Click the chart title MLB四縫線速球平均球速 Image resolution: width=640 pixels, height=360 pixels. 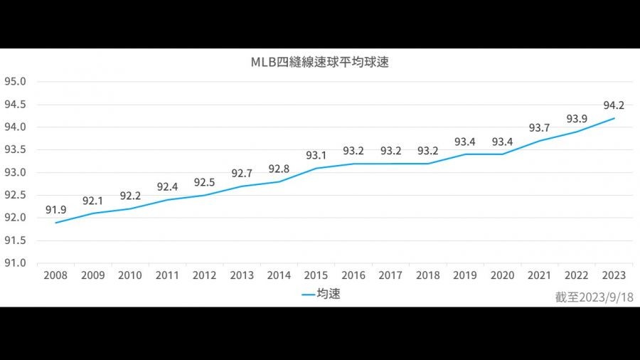[319, 63]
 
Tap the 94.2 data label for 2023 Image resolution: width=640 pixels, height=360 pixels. [614, 105]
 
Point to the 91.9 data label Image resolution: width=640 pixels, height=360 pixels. [56, 210]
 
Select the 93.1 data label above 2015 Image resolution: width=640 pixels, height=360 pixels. [316, 155]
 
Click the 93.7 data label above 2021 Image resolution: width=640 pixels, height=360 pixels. [539, 128]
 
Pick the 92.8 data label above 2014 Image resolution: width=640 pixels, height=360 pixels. [279, 169]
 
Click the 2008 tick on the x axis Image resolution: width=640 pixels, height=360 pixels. [55, 275]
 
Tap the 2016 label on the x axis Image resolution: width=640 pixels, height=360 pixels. [353, 275]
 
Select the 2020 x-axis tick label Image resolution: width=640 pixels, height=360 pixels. [502, 275]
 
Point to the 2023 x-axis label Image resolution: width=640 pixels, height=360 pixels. [614, 275]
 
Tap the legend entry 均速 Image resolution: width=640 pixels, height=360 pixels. [321, 294]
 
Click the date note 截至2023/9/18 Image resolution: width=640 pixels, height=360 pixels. [594, 297]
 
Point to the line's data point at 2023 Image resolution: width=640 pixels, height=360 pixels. [614, 118]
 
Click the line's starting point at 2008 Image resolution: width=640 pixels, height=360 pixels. [56, 223]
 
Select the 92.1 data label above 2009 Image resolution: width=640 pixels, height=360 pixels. [93, 201]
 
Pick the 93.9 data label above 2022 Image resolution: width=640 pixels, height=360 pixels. [577, 119]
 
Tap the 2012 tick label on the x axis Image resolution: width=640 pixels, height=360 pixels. [204, 275]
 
